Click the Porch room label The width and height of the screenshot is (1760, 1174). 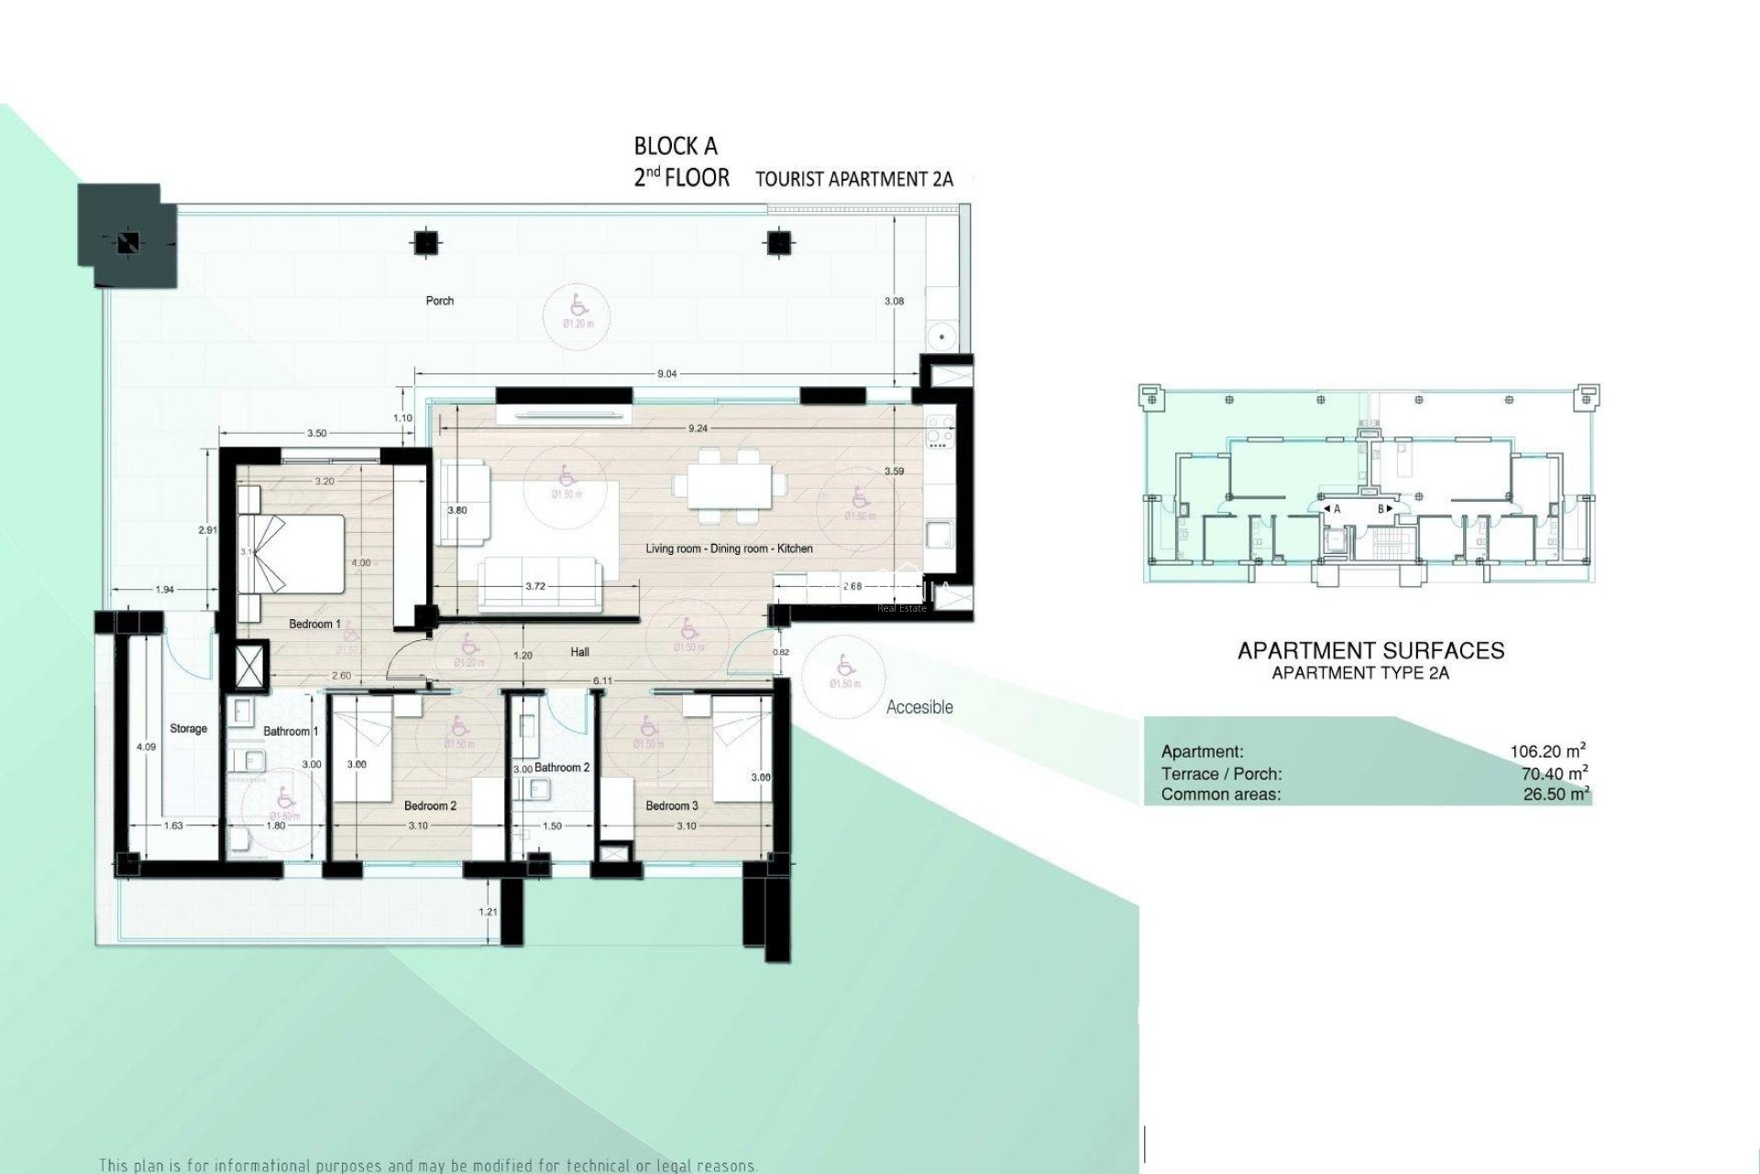[439, 301]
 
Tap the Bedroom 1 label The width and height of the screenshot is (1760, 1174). [314, 625]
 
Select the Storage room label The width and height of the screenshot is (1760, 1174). [188, 729]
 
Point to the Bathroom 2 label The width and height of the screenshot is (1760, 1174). [562, 768]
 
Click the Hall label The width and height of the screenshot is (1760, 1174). [579, 653]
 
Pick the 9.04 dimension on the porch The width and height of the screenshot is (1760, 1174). [667, 374]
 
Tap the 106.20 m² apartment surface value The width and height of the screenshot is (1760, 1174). [1548, 751]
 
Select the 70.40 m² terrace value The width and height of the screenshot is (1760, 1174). [1554, 773]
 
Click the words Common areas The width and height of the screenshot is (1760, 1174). [1221, 794]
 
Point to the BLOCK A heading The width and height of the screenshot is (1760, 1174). [676, 146]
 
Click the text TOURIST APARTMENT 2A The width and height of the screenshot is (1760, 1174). [853, 179]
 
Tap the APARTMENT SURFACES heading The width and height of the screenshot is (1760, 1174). [1370, 651]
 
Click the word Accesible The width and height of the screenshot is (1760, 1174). [919, 707]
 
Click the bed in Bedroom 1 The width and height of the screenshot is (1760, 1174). [292, 554]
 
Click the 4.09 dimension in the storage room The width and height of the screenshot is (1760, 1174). [146, 748]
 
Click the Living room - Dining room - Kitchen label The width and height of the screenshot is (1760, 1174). [729, 548]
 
